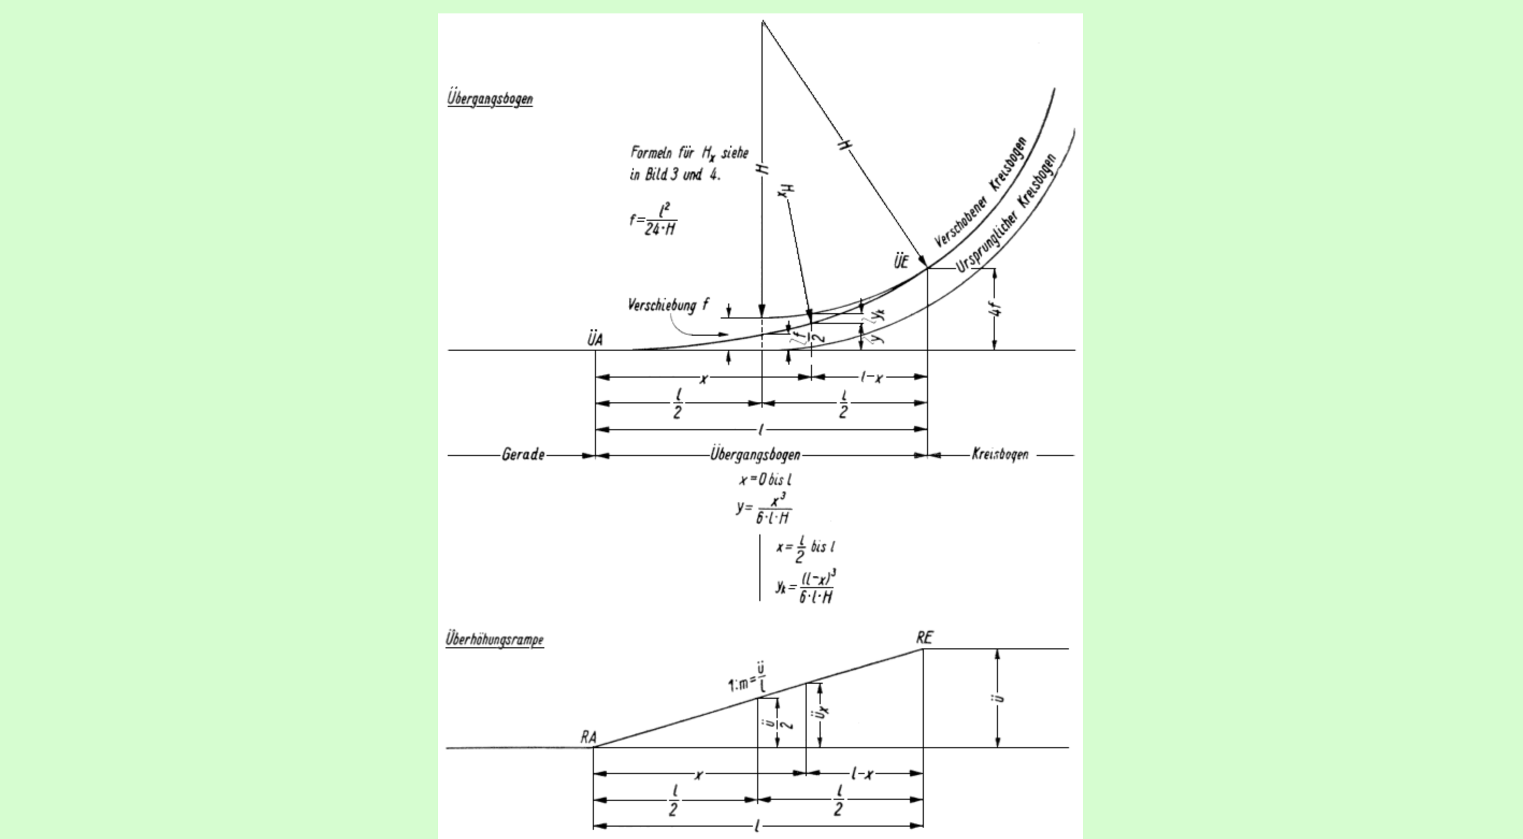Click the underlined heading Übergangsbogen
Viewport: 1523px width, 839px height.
click(x=490, y=98)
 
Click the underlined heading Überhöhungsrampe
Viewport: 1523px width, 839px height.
click(x=494, y=639)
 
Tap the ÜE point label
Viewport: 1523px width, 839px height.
click(x=901, y=262)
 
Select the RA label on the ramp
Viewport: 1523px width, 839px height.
click(x=588, y=737)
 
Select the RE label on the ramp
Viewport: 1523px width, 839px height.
click(x=925, y=638)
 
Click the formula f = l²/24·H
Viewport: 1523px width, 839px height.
click(x=653, y=220)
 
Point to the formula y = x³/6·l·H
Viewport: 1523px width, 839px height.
click(x=764, y=509)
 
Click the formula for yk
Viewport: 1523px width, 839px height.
click(x=807, y=586)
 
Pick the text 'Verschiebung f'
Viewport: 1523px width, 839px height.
click(x=667, y=305)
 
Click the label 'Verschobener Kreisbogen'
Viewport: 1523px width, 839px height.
click(x=981, y=193)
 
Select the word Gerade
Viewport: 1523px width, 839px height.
click(x=523, y=455)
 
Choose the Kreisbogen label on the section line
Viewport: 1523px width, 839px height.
click(x=1000, y=454)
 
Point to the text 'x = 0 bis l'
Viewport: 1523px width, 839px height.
click(x=765, y=480)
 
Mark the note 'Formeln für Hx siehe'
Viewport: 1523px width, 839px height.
click(x=689, y=154)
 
